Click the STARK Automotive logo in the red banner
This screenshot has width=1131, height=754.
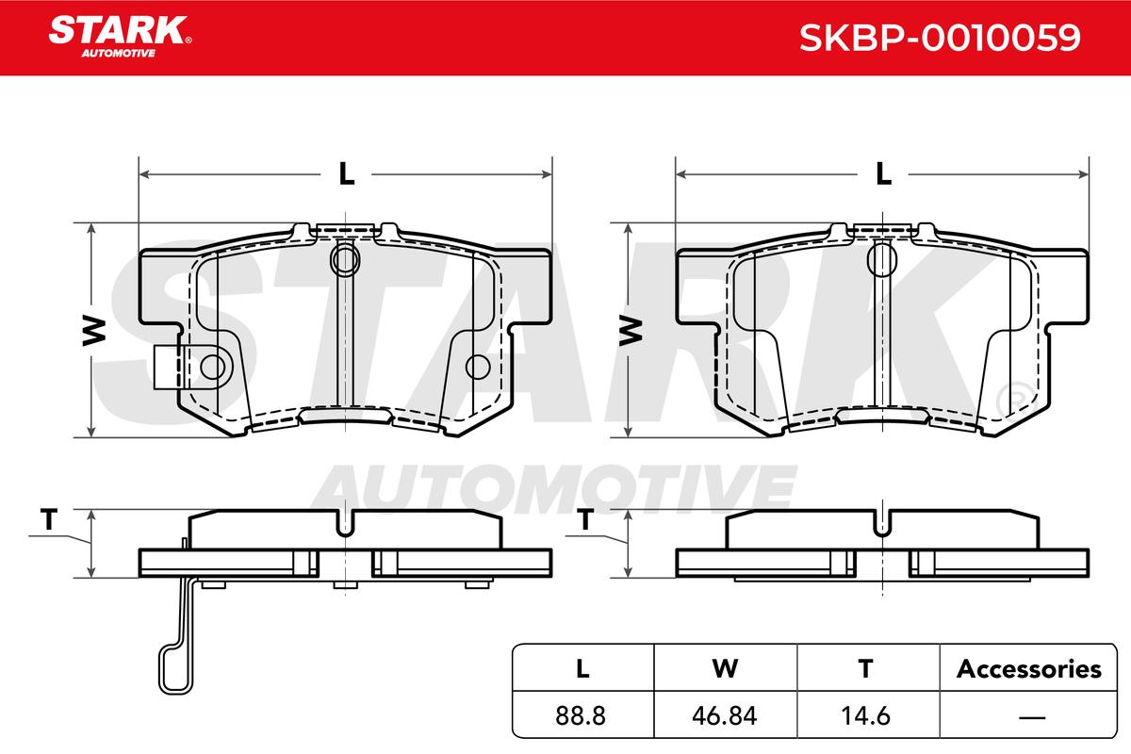(x=120, y=37)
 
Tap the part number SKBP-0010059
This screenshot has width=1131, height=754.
(x=940, y=38)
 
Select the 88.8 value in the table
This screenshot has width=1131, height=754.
(x=581, y=715)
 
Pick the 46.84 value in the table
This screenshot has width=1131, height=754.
(x=724, y=715)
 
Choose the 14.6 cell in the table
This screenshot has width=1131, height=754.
(x=865, y=715)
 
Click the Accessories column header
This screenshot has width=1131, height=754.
(x=1028, y=668)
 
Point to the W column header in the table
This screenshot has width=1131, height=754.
(x=725, y=668)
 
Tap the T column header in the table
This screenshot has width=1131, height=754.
(x=865, y=668)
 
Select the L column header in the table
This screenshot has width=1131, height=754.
(x=582, y=668)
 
